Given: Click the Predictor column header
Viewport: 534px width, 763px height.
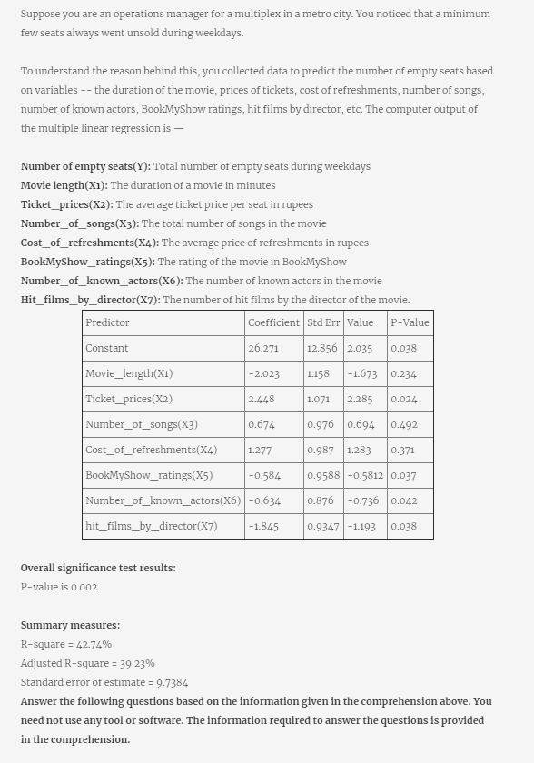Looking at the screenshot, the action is (x=107, y=322).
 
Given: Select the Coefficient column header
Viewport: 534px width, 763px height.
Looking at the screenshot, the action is (x=273, y=322).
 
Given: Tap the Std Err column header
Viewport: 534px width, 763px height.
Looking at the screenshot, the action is (x=323, y=322).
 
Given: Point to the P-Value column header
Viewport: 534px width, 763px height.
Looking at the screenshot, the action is (x=410, y=322).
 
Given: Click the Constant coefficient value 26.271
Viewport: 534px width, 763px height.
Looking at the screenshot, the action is (x=263, y=348).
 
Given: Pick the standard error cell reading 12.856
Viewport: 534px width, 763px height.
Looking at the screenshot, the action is (x=322, y=348).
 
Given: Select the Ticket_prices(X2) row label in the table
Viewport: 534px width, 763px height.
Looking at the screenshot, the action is (x=129, y=399).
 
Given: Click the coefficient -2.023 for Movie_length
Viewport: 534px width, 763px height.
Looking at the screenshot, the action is (x=264, y=373).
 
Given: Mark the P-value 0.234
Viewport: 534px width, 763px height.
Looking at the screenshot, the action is (x=403, y=373).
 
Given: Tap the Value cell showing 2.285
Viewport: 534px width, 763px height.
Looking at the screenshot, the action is (x=360, y=399).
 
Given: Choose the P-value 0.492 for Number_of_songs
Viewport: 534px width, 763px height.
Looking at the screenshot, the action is (x=403, y=424).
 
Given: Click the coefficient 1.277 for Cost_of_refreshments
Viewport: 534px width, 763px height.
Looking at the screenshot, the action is (x=261, y=450).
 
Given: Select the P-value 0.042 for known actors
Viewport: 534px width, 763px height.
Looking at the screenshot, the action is (x=403, y=500).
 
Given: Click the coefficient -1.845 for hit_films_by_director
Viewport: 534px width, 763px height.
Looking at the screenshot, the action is (x=263, y=526).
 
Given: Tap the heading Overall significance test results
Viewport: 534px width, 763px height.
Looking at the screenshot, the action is (x=98, y=568).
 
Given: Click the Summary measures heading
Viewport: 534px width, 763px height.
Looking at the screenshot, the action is (x=70, y=625).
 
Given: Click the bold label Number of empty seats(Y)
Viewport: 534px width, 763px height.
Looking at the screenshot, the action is (x=86, y=166).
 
